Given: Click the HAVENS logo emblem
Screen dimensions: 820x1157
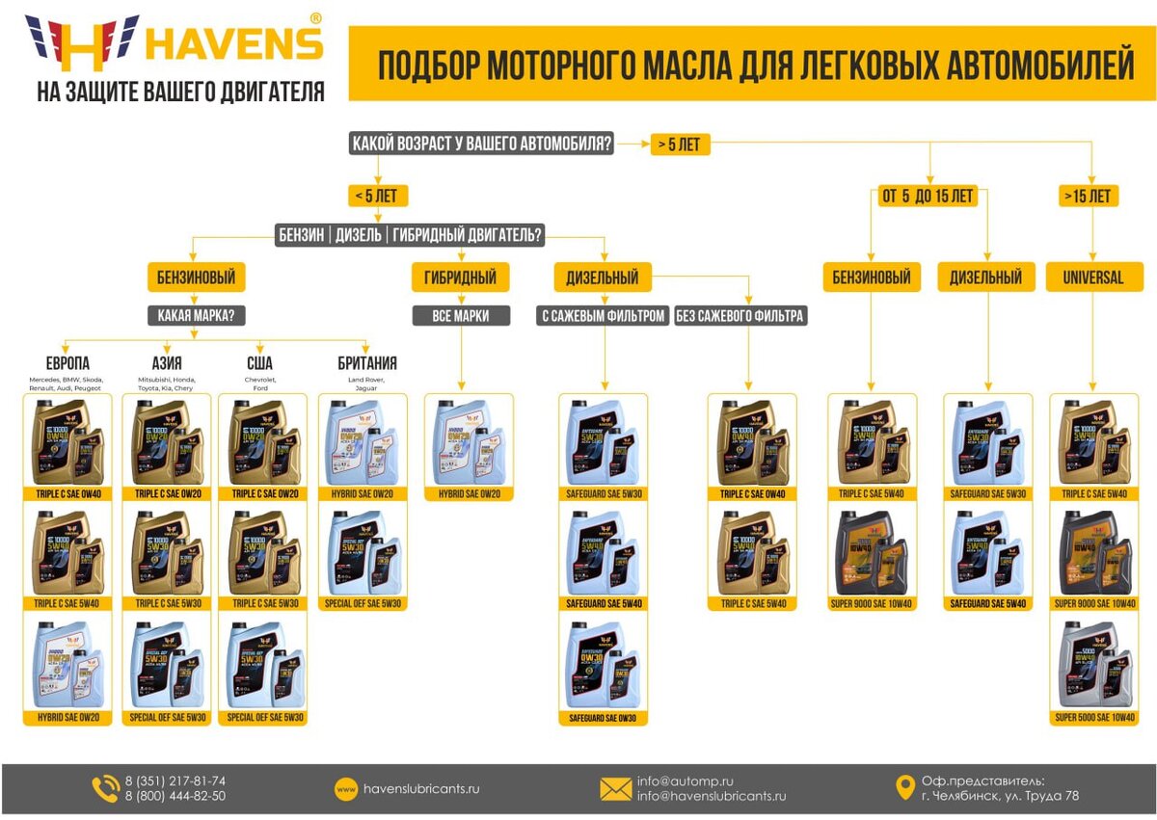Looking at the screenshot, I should (x=83, y=42).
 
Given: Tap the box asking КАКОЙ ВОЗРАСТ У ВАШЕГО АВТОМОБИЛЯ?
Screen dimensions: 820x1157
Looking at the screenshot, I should (x=481, y=145).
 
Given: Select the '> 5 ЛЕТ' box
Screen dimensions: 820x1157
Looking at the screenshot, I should (x=680, y=145).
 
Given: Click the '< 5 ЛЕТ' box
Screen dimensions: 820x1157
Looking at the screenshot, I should (x=378, y=196).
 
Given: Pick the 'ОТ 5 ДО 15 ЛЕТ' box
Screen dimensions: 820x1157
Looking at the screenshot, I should (x=928, y=196).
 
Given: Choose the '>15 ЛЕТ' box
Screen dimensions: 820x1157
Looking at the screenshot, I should (x=1090, y=196).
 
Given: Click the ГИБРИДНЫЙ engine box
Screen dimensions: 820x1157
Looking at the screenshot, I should (x=460, y=278).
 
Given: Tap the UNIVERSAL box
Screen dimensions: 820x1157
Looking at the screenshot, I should (x=1092, y=278).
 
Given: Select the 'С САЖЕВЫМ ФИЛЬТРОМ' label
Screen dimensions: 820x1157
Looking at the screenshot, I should (x=603, y=315).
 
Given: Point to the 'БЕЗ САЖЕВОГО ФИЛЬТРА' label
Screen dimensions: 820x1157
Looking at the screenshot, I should (x=740, y=315).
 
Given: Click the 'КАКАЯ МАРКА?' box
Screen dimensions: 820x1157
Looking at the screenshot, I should (x=197, y=315).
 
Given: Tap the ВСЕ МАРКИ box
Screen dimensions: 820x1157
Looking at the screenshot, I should (x=460, y=315).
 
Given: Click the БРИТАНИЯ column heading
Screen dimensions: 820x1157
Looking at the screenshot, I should (x=366, y=363).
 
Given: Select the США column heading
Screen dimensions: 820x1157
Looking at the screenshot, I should (x=259, y=363).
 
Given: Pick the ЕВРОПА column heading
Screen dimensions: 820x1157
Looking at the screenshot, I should (x=67, y=363).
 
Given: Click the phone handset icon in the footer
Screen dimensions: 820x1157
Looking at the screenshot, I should (x=105, y=789).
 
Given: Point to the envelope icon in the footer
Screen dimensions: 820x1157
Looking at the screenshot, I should (x=615, y=789).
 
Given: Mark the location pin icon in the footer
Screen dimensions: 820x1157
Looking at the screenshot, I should (x=903, y=788).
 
